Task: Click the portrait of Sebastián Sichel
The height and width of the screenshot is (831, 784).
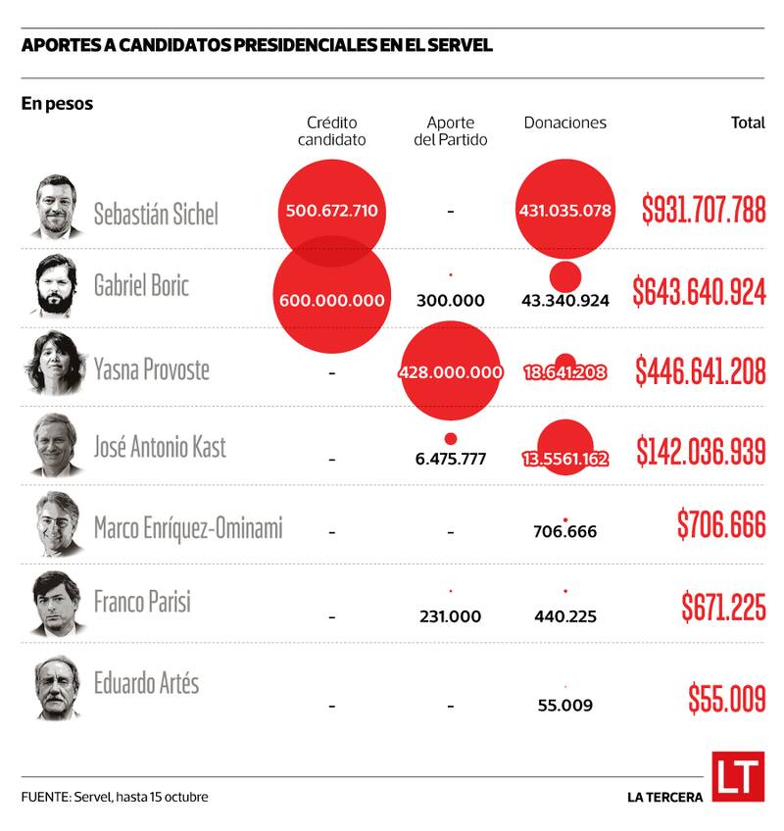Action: click(x=57, y=207)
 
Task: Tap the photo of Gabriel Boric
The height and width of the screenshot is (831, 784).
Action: click(x=57, y=285)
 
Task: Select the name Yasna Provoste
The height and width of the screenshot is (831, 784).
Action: click(x=151, y=369)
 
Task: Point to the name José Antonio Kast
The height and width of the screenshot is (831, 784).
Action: click(x=160, y=448)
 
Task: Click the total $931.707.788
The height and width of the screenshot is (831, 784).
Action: click(x=703, y=209)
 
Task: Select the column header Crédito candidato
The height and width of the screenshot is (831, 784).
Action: click(x=331, y=131)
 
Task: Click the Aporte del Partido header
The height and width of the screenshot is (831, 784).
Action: click(x=450, y=131)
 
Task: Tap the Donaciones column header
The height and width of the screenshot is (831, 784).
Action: click(x=564, y=123)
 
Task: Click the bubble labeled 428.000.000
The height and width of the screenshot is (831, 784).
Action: click(x=451, y=372)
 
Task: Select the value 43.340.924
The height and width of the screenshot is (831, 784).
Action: click(x=565, y=300)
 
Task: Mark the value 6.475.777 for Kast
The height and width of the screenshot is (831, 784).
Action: click(x=450, y=458)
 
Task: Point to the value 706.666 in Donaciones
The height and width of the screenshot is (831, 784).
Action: click(x=564, y=532)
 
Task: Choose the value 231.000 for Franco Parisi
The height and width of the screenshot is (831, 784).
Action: click(x=450, y=616)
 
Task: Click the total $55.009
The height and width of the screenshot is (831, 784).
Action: click(x=726, y=700)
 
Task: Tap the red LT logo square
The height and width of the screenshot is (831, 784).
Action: click(x=737, y=777)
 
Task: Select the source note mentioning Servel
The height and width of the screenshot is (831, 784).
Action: click(x=115, y=797)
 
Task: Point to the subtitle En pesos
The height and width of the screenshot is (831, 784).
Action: click(x=57, y=103)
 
